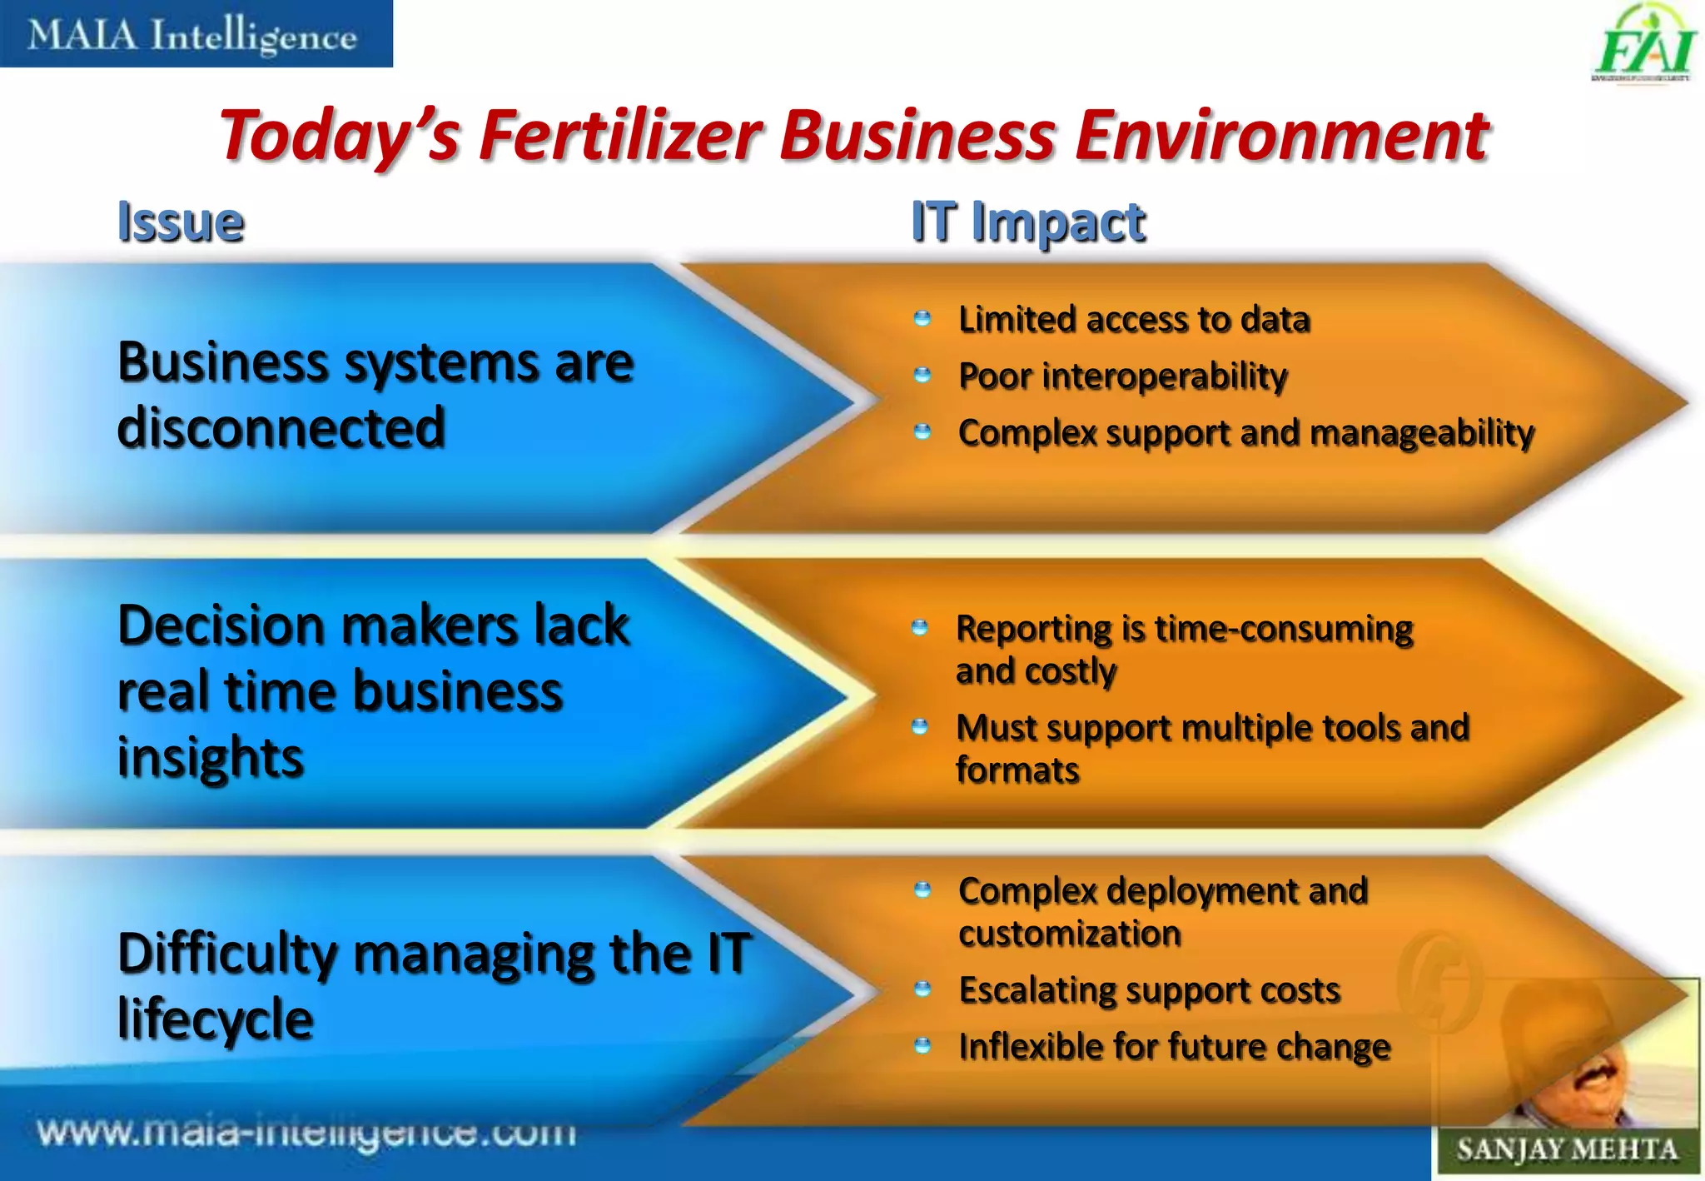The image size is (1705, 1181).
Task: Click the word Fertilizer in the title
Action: coord(620,136)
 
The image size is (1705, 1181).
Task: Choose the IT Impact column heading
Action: coord(1028,222)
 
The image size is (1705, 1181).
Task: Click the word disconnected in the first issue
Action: coord(281,427)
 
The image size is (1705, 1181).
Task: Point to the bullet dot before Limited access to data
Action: coord(922,318)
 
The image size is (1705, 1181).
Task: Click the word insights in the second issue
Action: coord(211,758)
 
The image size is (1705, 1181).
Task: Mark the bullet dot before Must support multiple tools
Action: coord(919,727)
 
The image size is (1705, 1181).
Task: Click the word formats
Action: coord(1017,770)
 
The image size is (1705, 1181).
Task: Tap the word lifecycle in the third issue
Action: coord(216,1019)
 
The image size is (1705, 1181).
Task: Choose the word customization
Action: coord(1070,934)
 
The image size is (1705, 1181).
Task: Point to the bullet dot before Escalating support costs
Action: coord(922,989)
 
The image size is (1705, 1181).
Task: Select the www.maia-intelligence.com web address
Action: coord(306,1133)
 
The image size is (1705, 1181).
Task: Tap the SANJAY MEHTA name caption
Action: coord(1566,1150)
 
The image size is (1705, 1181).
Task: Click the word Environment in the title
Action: coord(1281,136)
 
